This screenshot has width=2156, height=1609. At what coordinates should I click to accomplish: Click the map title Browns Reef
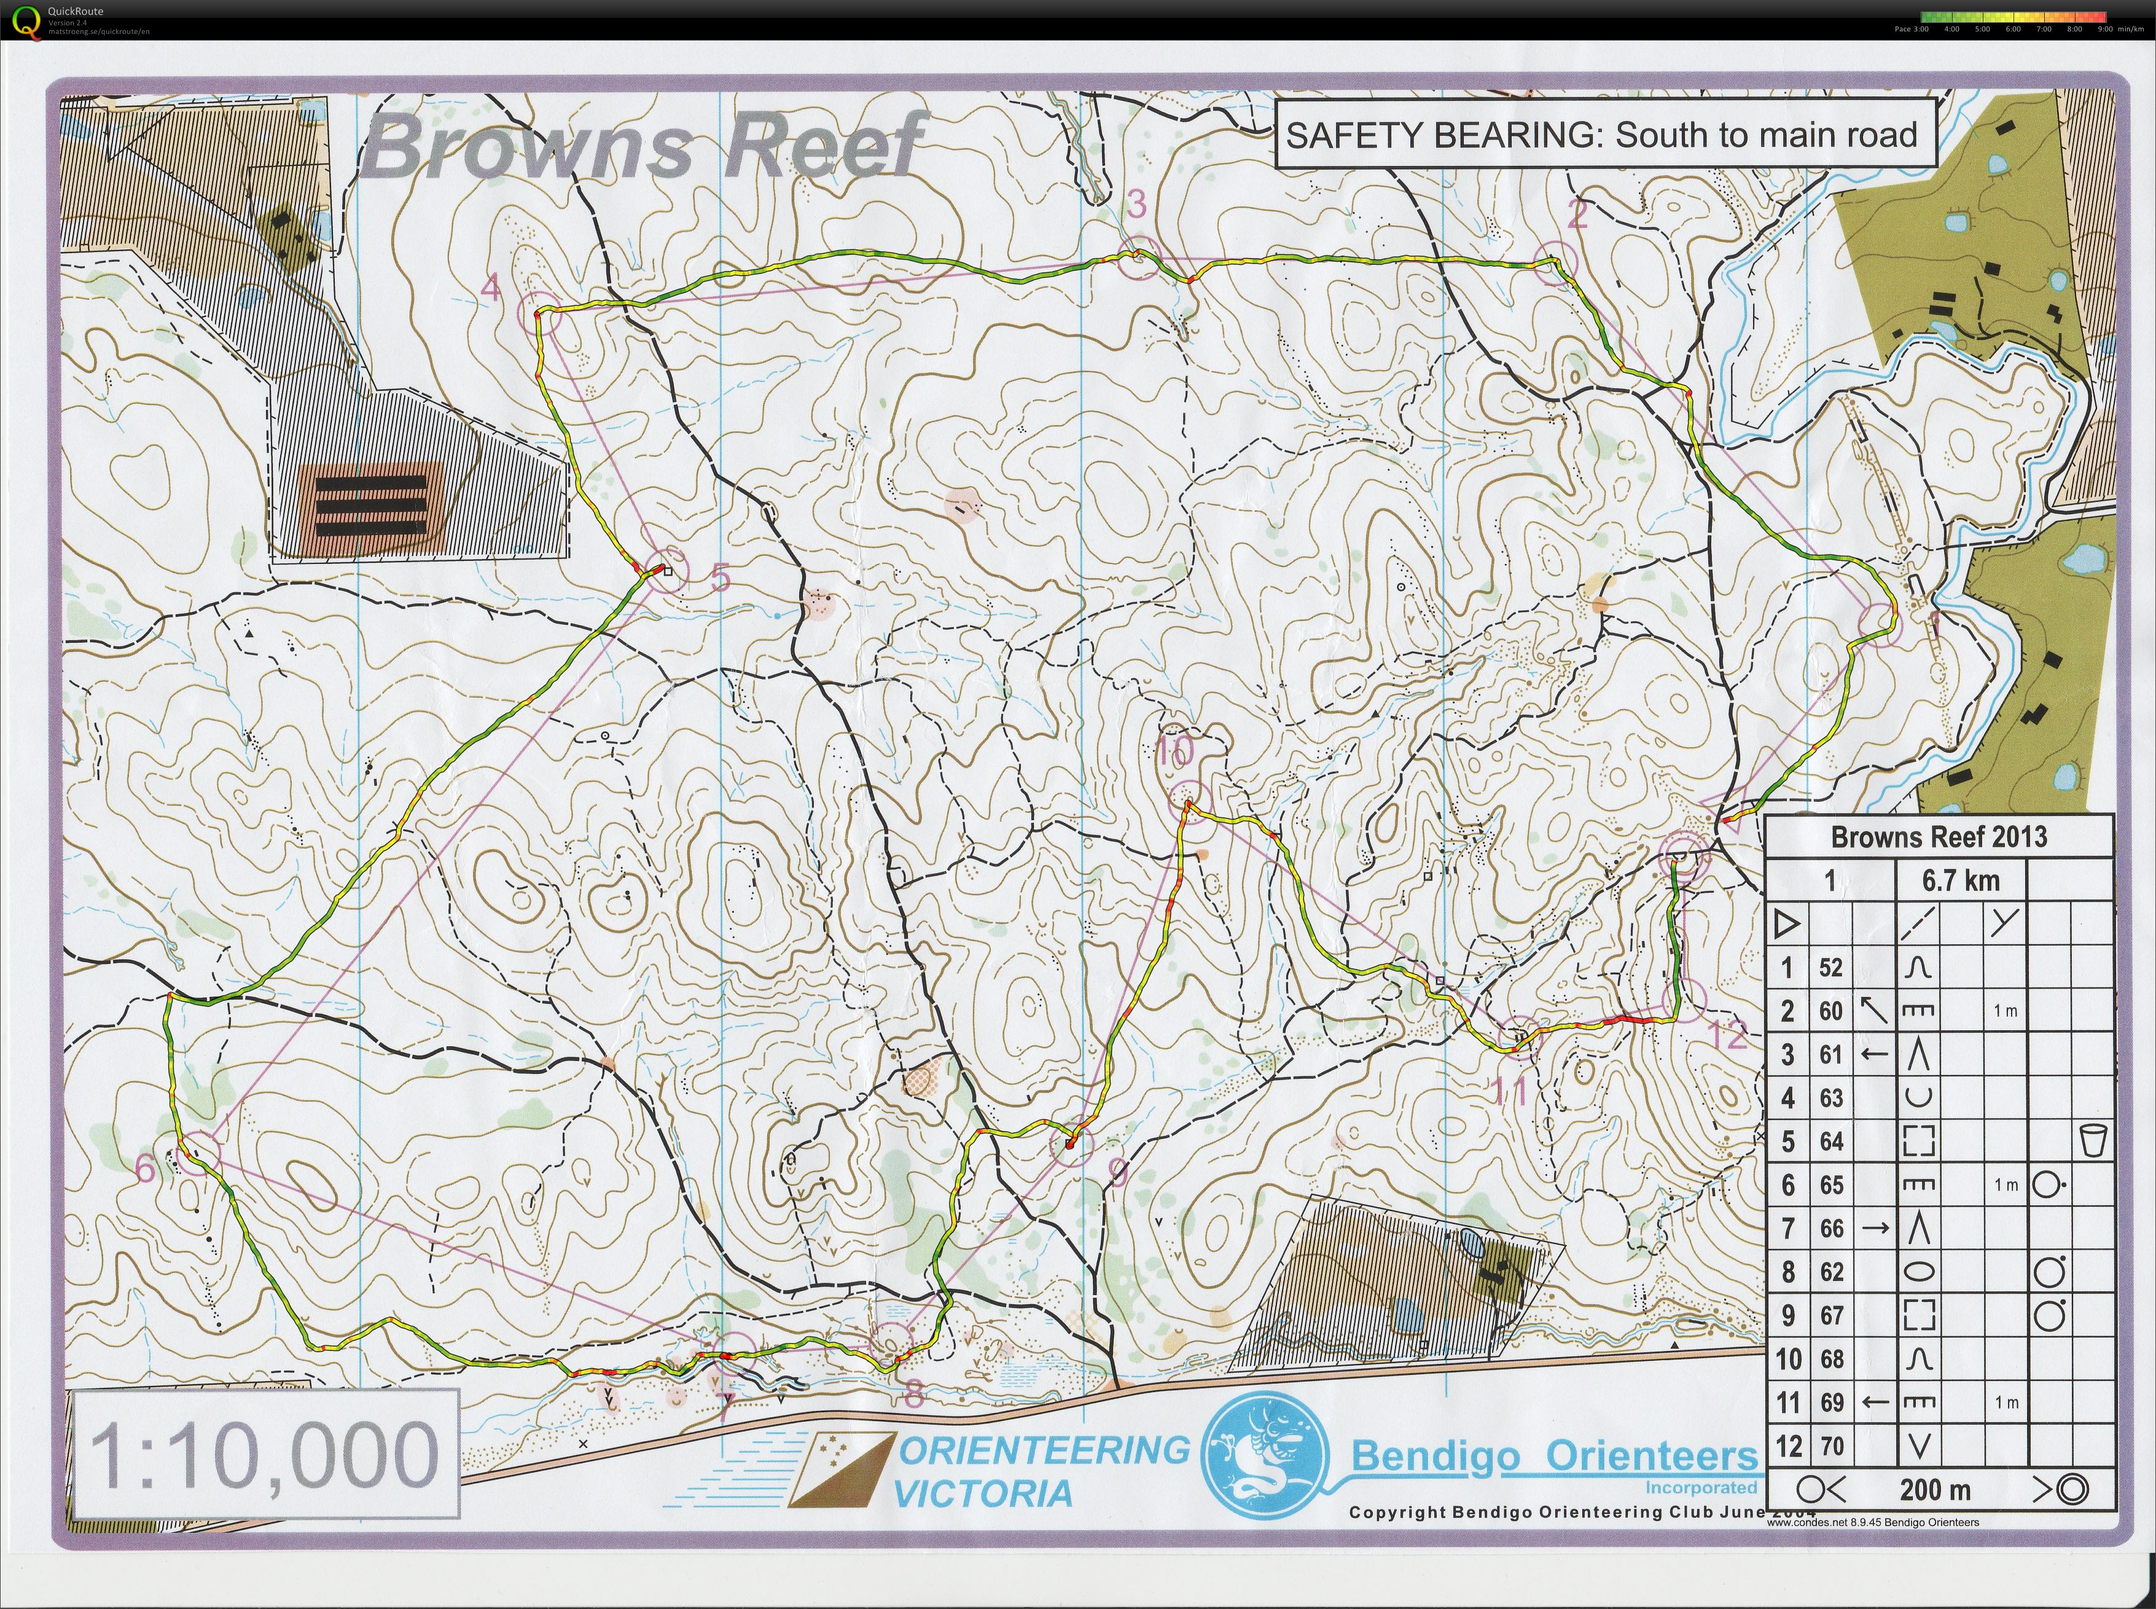[x=643, y=146]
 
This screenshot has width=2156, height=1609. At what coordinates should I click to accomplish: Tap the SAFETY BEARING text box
[x=1601, y=135]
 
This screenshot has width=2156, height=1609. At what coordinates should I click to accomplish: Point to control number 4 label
[x=491, y=288]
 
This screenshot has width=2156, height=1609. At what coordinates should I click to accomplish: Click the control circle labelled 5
[x=665, y=570]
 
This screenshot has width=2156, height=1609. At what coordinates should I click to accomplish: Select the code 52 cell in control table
[x=1830, y=967]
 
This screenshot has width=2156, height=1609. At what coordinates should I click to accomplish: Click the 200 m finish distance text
[x=1934, y=1489]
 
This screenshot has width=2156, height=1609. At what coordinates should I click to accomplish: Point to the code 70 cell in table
[x=1830, y=1446]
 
